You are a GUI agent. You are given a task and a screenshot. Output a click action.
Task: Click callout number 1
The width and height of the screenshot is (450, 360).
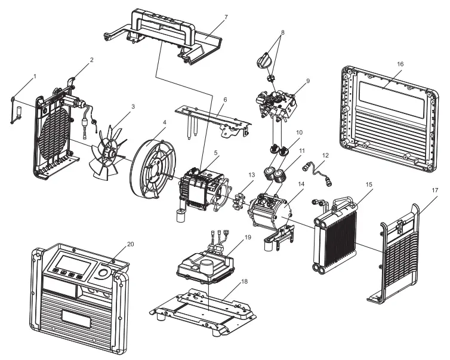(x=35, y=77)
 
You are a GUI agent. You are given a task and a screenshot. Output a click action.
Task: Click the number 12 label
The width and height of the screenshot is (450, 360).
(x=325, y=155)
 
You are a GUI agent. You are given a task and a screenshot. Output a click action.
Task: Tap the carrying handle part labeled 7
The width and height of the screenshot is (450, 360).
(x=161, y=36)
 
